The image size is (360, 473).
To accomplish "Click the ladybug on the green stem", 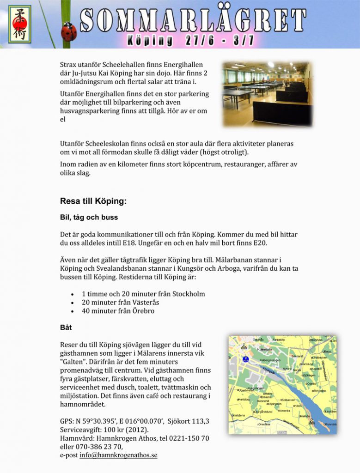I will click(x=69, y=32).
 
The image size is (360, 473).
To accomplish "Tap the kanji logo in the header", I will click(x=19, y=24).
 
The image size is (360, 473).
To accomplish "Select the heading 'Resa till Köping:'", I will click(x=93, y=201).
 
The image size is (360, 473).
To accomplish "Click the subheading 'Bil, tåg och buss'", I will click(x=89, y=217).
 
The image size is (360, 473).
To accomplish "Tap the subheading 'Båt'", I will click(x=66, y=327).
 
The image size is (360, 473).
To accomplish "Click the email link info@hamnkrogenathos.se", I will click(x=118, y=455).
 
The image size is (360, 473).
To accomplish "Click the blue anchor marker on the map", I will click(x=246, y=359).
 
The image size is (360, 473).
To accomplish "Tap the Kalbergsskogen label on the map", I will click(x=270, y=360).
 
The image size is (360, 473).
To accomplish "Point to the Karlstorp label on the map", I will click(x=243, y=400).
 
